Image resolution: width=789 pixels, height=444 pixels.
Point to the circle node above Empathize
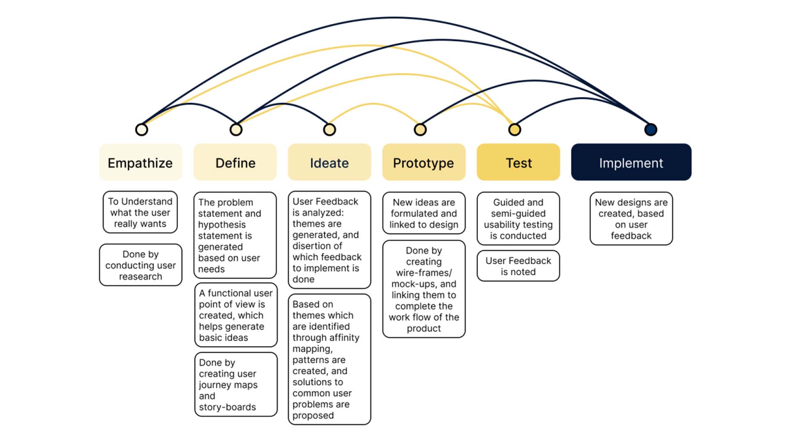click(141, 129)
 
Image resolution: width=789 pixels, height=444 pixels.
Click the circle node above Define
click(236, 129)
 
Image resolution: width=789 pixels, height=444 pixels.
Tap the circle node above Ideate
click(330, 129)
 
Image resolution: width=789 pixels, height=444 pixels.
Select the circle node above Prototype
click(420, 129)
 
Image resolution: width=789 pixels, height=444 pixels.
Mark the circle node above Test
click(514, 129)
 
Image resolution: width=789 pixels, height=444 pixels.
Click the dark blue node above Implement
click(651, 129)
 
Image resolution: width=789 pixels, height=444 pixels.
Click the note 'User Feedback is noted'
click(518, 266)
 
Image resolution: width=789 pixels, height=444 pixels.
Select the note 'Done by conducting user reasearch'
click(141, 265)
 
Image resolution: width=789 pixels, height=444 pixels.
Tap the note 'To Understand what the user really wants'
click(140, 212)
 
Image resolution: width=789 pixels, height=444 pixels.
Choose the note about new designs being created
click(631, 219)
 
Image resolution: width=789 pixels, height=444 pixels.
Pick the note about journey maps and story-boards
click(236, 384)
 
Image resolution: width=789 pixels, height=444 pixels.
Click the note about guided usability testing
click(518, 219)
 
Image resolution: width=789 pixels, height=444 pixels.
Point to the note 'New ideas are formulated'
click(424, 213)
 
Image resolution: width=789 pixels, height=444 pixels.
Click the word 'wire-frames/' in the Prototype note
click(424, 273)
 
